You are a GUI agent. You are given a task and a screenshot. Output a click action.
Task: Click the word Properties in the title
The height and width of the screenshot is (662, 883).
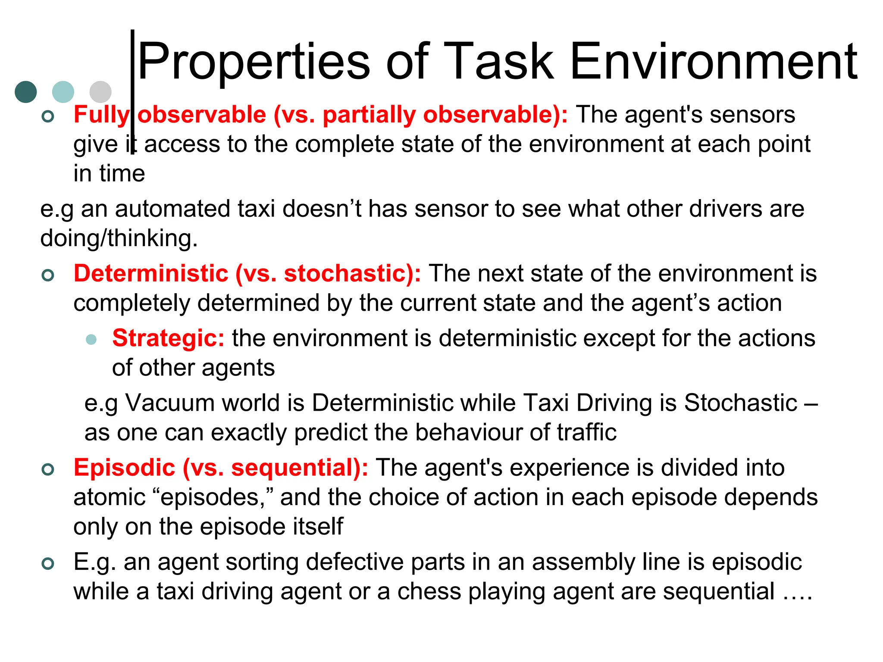pyautogui.click(x=254, y=61)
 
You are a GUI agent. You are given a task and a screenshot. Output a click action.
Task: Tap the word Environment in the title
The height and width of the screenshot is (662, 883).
pyautogui.click(x=714, y=61)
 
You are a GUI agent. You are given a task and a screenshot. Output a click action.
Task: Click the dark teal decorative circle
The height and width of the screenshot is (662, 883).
pyautogui.click(x=26, y=92)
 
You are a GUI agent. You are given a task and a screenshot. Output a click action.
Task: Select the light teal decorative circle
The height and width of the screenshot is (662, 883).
pyautogui.click(x=63, y=92)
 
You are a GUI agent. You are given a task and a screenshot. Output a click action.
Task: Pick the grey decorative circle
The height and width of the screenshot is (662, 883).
pyautogui.click(x=100, y=92)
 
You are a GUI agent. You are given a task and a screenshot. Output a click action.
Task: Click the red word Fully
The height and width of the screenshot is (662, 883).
pyautogui.click(x=101, y=115)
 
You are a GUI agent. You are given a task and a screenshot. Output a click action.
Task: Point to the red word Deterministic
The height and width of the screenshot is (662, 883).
pyautogui.click(x=151, y=274)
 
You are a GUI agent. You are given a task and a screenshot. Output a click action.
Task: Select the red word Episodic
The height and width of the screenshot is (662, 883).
pyautogui.click(x=125, y=468)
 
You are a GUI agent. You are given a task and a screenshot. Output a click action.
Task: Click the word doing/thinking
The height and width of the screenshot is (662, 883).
pyautogui.click(x=119, y=238)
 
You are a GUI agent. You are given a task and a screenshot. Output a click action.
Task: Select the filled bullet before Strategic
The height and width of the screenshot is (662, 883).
pyautogui.click(x=91, y=339)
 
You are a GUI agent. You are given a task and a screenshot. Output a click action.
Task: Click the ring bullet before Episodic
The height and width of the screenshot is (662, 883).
pyautogui.click(x=48, y=469)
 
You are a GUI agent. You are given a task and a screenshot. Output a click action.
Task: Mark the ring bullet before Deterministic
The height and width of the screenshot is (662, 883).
pyautogui.click(x=48, y=275)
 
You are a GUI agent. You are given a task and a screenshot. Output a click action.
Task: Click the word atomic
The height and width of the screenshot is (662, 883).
pyautogui.click(x=110, y=497)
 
